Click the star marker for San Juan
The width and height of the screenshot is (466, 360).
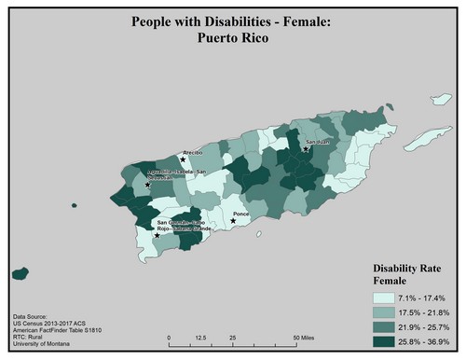click(x=306, y=149)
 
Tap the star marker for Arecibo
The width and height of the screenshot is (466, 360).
click(x=183, y=159)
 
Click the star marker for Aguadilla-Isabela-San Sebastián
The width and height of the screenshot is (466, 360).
click(x=147, y=186)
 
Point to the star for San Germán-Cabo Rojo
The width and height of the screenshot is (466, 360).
click(x=157, y=235)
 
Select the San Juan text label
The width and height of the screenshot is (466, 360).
click(x=317, y=143)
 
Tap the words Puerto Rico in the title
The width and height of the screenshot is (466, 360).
click(x=233, y=40)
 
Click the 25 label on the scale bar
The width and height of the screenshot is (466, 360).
click(x=232, y=337)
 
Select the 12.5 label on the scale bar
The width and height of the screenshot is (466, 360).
click(x=199, y=337)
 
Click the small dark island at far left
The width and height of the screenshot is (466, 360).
click(x=18, y=274)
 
